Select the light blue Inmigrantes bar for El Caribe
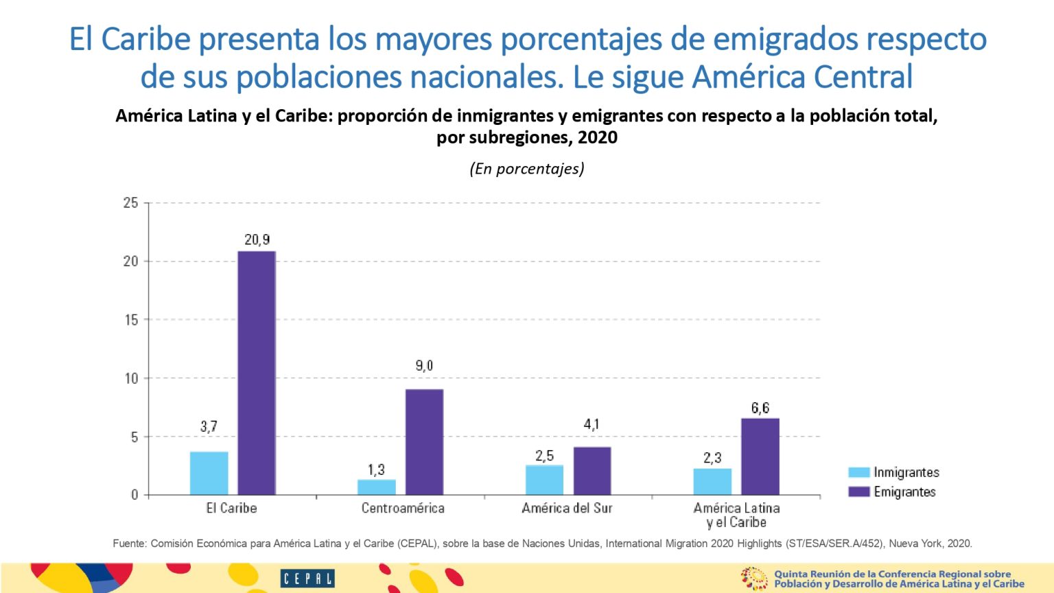(x=209, y=473)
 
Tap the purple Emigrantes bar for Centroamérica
(x=424, y=442)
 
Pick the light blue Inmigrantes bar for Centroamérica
(x=376, y=487)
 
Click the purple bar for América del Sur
(x=592, y=471)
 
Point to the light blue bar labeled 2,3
(x=712, y=481)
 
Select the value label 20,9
(x=257, y=240)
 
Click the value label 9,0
(x=424, y=366)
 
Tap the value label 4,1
(x=592, y=424)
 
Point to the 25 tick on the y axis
(x=130, y=203)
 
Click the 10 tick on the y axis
(x=130, y=378)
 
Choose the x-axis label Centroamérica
(x=403, y=509)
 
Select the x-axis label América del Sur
(x=567, y=509)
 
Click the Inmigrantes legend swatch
(x=858, y=472)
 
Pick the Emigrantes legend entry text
(x=904, y=492)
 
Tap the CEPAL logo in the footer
(x=307, y=579)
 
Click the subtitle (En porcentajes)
(x=527, y=169)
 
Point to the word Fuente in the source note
(x=129, y=544)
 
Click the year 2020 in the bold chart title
(x=598, y=137)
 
